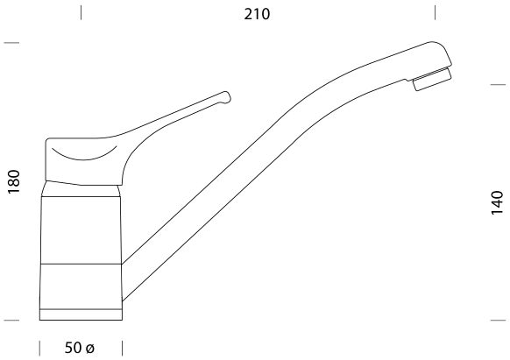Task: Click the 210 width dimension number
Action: point(258,13)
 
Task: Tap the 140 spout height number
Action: point(497,202)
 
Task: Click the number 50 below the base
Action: point(73,348)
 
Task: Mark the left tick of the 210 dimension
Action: point(81,12)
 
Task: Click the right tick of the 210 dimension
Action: point(436,12)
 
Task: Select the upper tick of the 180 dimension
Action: point(11,42)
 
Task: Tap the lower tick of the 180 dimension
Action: point(11,320)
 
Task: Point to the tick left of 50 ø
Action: point(41,348)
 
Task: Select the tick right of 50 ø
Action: point(121,348)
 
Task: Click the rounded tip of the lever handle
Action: point(225,97)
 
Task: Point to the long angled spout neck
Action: point(263,158)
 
